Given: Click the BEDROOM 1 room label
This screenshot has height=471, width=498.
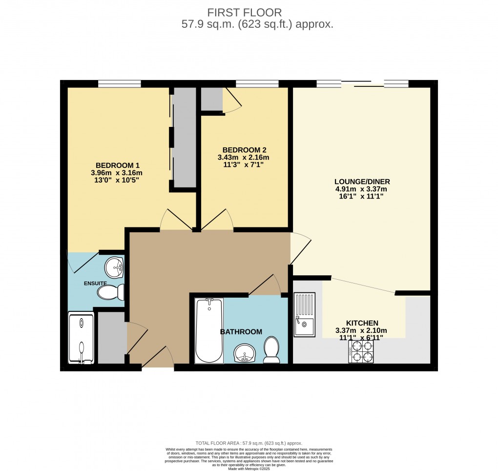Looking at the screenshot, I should [119, 165].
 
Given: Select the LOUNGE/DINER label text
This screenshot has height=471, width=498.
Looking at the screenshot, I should [362, 182].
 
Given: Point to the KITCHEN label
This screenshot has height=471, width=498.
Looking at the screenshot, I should [362, 323].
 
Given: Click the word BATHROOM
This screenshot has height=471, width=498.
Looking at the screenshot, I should [241, 332].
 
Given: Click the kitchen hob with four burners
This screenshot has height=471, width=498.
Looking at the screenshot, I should [361, 351].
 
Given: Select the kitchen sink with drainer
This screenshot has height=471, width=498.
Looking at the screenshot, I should [305, 314].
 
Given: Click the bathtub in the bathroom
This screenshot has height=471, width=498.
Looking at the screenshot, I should [209, 330].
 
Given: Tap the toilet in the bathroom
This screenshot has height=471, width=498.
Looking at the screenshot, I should [271, 351].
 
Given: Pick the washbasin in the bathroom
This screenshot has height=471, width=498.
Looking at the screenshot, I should [245, 353].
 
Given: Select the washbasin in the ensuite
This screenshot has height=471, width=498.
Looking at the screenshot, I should [115, 266].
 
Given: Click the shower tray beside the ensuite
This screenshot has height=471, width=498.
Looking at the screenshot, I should [81, 338].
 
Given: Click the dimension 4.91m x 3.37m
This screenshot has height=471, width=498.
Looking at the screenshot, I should [362, 189].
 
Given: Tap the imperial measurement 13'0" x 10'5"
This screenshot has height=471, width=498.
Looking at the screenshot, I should [119, 181].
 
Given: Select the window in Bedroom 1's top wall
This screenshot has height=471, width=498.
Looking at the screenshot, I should [119, 83].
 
